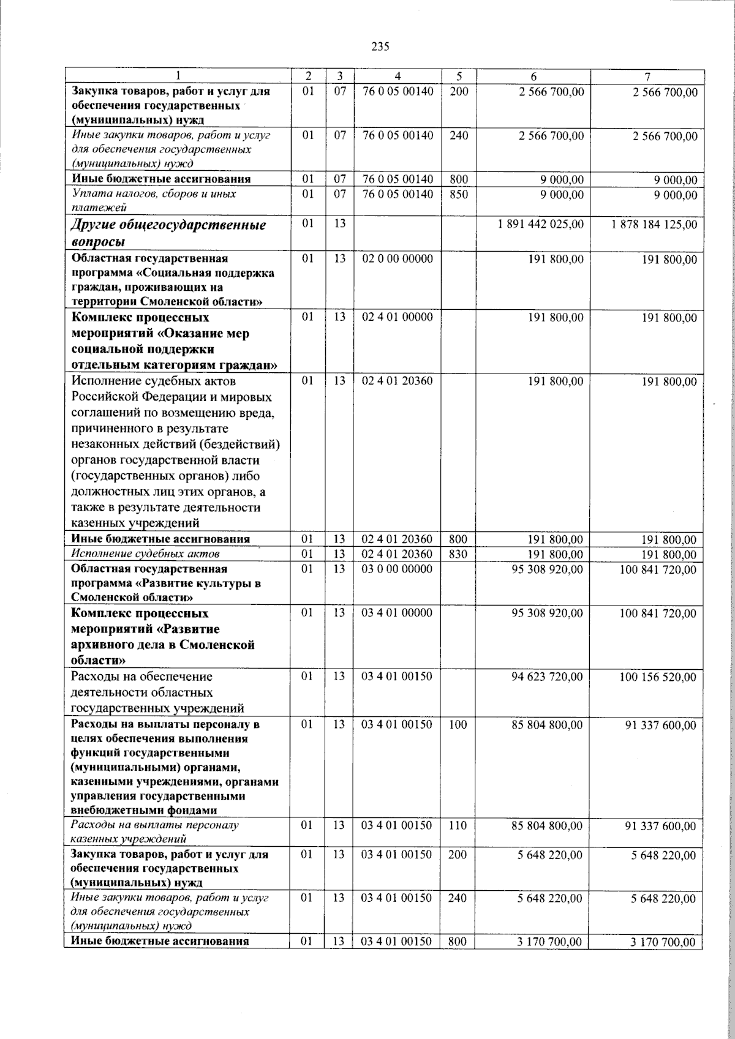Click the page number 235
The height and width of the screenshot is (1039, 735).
pos(380,47)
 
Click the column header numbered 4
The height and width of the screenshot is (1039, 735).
pos(398,77)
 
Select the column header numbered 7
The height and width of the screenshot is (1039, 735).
pos(647,77)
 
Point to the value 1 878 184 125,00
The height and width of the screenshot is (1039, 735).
pos(654,225)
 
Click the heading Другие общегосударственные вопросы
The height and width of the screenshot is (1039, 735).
pos(169,233)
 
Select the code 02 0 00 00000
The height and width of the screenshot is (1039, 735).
pos(398,259)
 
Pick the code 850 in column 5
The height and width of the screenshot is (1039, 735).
pos(458,195)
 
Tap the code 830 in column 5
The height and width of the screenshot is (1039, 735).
pos(458,554)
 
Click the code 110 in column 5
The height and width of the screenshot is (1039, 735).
pos(458,826)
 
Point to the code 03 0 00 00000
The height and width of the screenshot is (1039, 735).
pos(398,569)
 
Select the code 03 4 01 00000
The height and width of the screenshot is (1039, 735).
pos(398,613)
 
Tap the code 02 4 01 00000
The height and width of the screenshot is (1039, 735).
pos(398,318)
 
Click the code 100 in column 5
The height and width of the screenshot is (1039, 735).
pos(458,725)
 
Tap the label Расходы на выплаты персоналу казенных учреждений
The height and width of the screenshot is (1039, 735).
pos(155,832)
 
